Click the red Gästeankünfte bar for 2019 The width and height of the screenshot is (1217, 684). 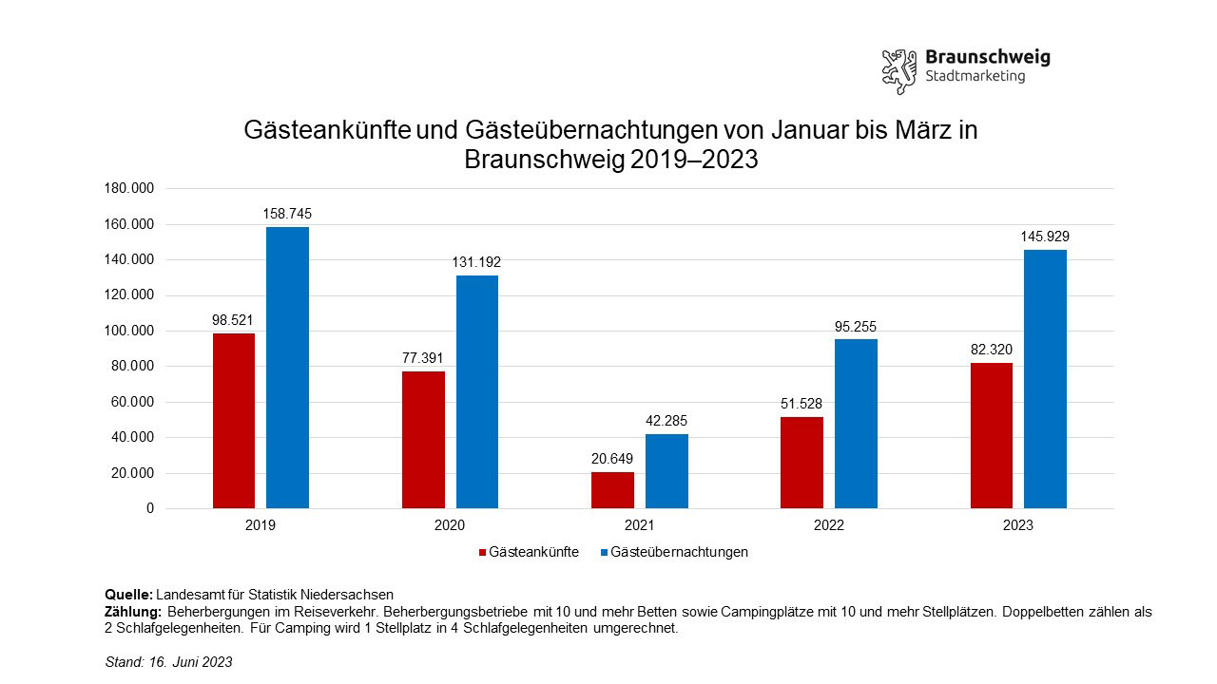[x=234, y=421]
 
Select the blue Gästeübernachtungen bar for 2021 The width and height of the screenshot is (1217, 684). [x=666, y=471]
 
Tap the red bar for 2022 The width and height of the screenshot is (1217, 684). [x=802, y=463]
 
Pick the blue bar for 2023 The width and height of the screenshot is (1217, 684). [x=1045, y=379]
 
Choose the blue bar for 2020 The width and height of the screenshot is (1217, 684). [x=477, y=391]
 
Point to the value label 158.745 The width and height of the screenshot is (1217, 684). [x=287, y=215]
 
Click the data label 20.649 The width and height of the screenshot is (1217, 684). [x=612, y=459]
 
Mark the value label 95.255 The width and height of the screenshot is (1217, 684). [x=856, y=327]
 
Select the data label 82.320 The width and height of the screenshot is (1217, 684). [x=992, y=350]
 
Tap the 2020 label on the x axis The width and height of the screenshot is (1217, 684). [x=450, y=525]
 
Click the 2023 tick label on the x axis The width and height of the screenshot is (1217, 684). [x=1017, y=525]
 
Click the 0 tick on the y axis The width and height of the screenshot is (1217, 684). [x=149, y=509]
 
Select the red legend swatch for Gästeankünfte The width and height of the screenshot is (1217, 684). [x=481, y=552]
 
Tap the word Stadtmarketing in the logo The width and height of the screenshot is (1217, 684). [x=975, y=77]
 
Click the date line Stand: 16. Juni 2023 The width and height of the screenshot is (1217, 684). [x=168, y=662]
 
